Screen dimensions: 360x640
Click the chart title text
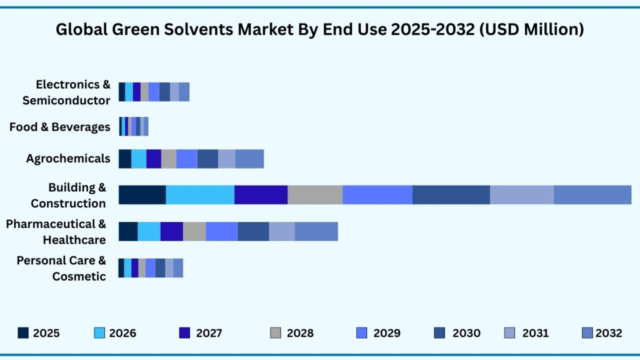320,29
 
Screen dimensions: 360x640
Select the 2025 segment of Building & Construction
142,194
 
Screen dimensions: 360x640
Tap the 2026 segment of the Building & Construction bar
200,194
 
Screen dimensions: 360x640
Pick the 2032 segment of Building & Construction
592,194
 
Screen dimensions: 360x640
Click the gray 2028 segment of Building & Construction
315,194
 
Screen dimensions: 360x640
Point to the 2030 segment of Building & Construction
451,194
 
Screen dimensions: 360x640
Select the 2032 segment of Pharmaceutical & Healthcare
316,231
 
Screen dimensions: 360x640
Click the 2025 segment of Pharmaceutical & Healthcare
128,231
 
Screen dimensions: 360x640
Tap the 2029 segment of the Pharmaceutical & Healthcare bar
221,231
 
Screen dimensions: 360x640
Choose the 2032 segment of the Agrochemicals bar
249,159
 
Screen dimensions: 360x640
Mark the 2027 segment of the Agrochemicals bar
154,159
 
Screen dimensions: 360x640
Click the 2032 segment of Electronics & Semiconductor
184,92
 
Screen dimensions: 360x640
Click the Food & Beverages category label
60,127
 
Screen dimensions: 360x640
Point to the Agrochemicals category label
68,159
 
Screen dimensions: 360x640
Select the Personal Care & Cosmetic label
61,268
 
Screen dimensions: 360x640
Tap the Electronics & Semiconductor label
66,92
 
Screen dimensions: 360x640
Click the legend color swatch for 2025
23,333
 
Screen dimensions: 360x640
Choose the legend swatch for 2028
276,333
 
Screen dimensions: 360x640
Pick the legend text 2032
609,333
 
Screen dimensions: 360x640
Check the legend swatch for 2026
99,333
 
